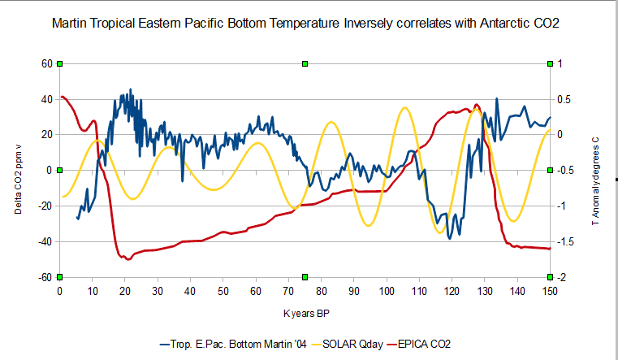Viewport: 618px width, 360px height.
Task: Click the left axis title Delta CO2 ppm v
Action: [18, 171]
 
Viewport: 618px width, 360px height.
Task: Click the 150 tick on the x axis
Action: [550, 291]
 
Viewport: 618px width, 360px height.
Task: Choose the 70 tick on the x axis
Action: [288, 291]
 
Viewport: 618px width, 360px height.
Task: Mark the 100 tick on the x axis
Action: [387, 291]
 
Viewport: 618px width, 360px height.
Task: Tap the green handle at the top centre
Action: [305, 63]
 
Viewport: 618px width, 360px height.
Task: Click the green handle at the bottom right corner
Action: [550, 277]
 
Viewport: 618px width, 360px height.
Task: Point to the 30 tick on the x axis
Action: [158, 291]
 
